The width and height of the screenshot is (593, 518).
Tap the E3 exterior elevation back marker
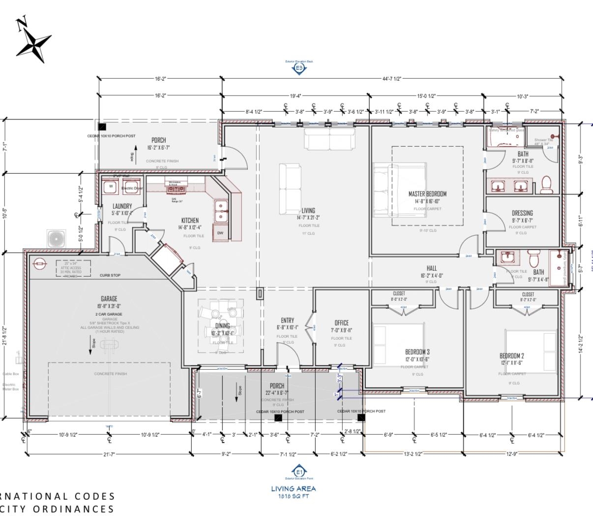(x=298, y=68)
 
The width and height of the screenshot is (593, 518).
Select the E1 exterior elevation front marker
(x=298, y=471)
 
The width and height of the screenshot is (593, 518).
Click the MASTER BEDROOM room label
(x=427, y=194)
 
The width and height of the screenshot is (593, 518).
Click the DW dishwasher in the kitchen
(x=220, y=233)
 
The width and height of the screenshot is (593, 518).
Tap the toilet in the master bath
(x=547, y=185)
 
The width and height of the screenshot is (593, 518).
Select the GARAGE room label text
(x=109, y=299)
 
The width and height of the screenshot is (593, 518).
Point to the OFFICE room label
(x=341, y=324)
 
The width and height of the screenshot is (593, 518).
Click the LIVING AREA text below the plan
(x=294, y=488)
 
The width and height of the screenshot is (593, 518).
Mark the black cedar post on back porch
(x=102, y=127)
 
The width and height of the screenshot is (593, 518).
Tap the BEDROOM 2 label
(x=511, y=356)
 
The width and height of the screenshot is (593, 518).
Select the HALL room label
(x=432, y=269)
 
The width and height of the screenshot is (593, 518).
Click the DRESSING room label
(x=522, y=213)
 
